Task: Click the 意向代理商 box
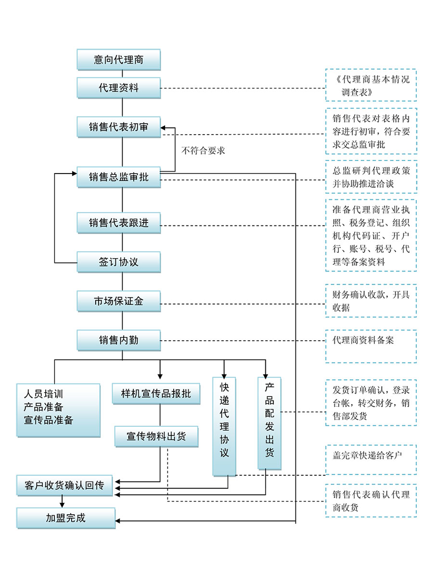click(118, 60)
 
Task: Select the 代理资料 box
click(118, 88)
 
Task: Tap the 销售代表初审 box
click(118, 127)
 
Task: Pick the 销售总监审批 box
click(118, 177)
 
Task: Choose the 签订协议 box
click(118, 262)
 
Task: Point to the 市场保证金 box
click(118, 301)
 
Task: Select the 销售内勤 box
click(118, 340)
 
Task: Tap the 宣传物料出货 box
click(156, 436)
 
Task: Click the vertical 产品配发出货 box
click(269, 422)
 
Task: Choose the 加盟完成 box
click(66, 518)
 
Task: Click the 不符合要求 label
click(203, 150)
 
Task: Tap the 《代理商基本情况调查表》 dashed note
click(370, 85)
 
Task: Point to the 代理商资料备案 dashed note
click(370, 346)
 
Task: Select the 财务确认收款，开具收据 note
click(370, 301)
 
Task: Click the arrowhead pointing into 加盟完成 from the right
click(118, 521)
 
